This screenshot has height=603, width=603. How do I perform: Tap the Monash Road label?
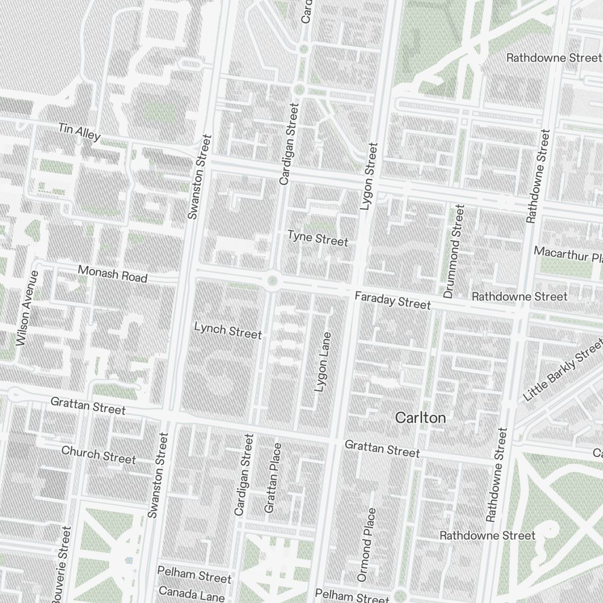coord(112,274)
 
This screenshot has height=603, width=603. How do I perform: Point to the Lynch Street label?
coord(228,331)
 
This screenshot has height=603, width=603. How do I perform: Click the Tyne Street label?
coord(318,238)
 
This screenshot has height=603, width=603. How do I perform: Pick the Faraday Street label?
coord(393,300)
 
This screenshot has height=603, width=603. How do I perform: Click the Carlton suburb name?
coord(420,418)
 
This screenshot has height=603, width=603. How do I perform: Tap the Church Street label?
coord(98,455)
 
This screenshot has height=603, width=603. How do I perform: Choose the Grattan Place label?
coord(273,478)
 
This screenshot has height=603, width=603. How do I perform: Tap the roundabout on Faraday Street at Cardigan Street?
coord(273,280)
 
